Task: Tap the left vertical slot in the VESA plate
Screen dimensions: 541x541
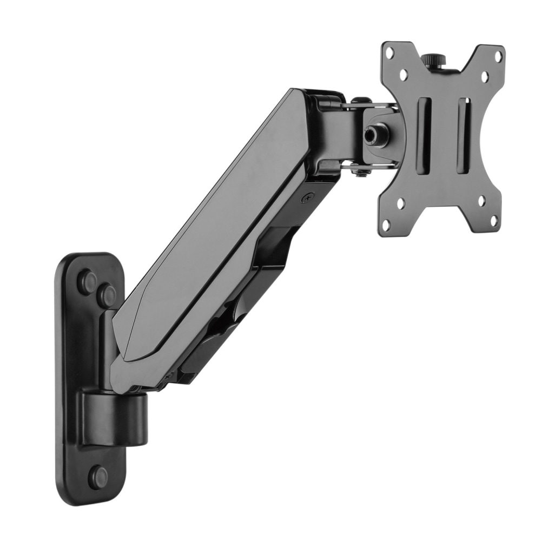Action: tap(424, 136)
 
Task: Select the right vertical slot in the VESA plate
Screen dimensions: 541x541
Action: tap(463, 135)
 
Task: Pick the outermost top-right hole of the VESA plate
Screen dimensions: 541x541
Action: tap(498, 55)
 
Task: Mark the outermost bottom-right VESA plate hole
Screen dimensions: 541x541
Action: tap(493, 220)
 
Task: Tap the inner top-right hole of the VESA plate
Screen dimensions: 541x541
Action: tap(485, 76)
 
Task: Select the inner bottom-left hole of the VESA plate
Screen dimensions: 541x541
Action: tap(400, 203)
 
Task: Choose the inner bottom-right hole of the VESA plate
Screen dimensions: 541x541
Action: tap(481, 201)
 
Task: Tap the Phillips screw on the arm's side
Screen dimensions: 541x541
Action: tap(307, 199)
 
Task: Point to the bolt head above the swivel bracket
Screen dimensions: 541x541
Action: tap(361, 101)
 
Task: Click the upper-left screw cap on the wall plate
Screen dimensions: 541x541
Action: tap(87, 281)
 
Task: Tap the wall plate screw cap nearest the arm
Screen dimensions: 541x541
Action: tap(106, 295)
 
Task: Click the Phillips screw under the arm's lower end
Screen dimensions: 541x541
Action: tap(169, 377)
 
